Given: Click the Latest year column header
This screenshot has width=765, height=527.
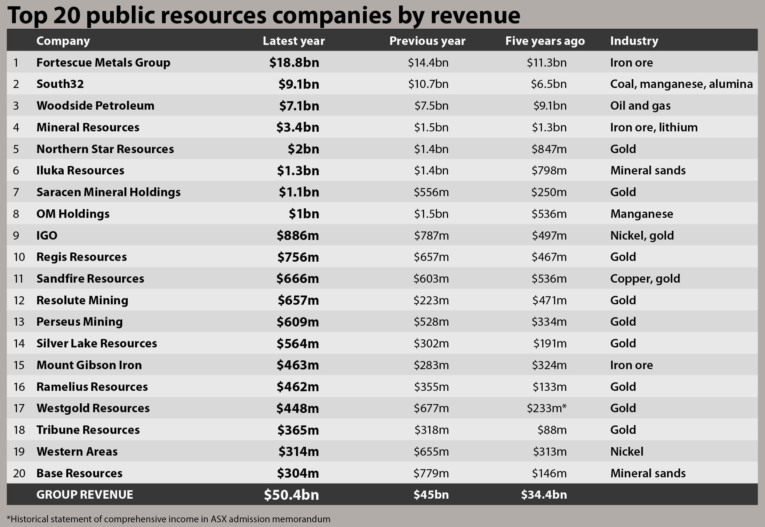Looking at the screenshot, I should click(293, 40).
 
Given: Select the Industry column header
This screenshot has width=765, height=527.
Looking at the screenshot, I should click(634, 40).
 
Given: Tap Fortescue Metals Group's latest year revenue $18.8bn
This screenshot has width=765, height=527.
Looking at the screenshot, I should click(294, 63).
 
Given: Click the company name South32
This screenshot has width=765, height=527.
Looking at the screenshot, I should click(60, 84).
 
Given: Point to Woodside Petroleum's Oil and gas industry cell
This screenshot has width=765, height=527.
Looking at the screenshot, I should click(640, 106).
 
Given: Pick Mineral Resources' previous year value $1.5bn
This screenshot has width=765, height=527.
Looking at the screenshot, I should click(431, 127).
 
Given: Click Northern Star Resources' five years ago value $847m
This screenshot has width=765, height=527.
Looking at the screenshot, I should click(549, 149).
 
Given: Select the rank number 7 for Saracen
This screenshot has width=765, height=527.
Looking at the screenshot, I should click(16, 192).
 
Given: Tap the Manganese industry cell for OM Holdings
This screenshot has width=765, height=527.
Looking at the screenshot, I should click(641, 214).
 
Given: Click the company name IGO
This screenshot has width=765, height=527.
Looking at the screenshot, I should click(47, 236).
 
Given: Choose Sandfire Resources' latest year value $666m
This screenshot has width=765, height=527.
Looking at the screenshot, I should click(297, 279).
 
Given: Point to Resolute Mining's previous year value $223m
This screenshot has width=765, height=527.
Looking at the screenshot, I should click(431, 300).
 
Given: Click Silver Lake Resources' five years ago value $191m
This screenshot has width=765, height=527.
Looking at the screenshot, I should click(550, 343).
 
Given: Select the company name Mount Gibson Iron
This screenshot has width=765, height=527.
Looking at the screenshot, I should click(89, 365).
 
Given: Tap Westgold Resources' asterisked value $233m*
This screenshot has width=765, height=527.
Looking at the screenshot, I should click(547, 408).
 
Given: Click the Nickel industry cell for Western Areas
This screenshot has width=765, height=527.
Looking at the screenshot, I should click(627, 452).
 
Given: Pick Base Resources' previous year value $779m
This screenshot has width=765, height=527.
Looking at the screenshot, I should click(431, 473).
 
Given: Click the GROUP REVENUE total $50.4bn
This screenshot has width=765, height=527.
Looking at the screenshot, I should click(291, 495).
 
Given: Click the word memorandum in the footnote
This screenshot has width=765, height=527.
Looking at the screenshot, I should click(301, 519).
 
